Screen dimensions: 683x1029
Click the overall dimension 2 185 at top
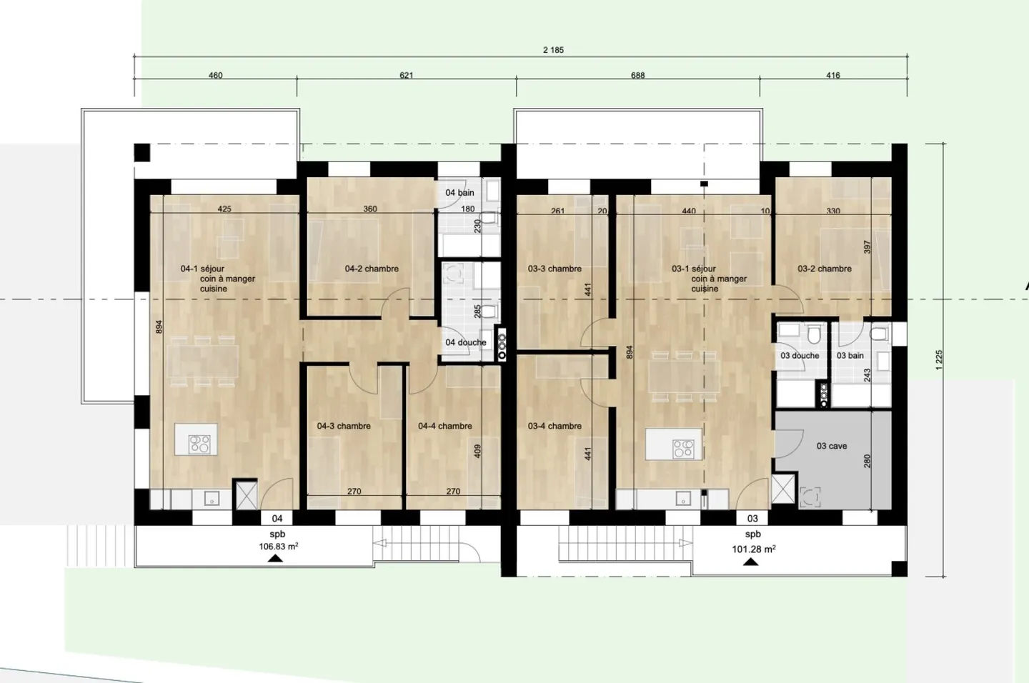point(553,50)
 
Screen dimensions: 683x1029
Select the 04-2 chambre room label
point(372,269)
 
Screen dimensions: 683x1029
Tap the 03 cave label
point(832,446)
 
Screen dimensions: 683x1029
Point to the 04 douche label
point(465,342)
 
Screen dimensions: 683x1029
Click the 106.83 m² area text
point(278,547)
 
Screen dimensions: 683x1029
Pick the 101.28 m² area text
point(753,549)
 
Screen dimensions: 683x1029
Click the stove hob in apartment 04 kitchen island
point(199,444)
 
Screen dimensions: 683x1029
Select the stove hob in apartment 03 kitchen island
point(682,448)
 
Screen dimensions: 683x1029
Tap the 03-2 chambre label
point(825,269)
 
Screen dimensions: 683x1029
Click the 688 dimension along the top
point(637,75)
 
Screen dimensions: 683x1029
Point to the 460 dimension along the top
point(215,75)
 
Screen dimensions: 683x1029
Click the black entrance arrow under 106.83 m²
point(274,558)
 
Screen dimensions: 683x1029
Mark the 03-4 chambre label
point(555,426)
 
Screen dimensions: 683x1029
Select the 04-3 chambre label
point(344,426)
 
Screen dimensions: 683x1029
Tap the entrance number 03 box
point(752,519)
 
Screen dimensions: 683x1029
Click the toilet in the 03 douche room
point(813,335)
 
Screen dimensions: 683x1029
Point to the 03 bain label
point(850,355)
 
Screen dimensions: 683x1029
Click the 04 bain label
point(459,192)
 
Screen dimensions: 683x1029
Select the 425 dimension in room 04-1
point(224,209)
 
